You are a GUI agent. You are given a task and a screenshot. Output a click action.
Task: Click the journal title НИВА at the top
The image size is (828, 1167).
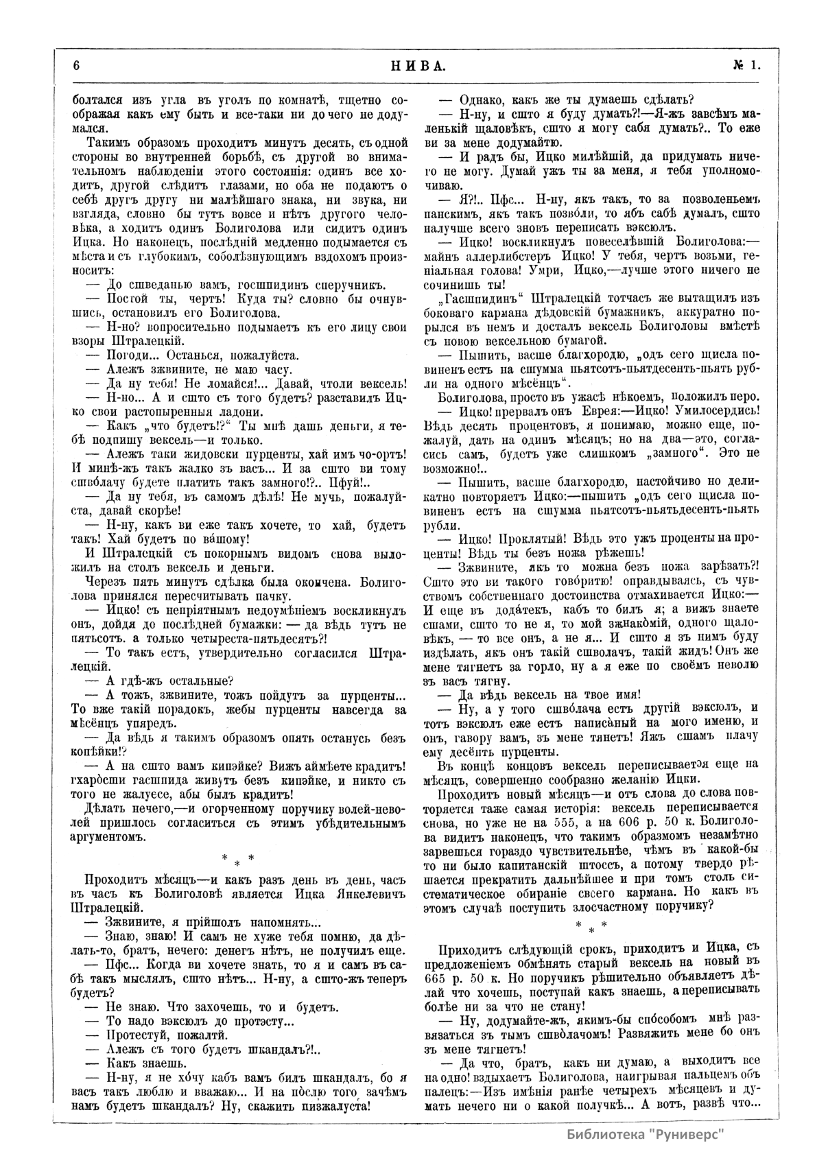pos(416,66)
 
